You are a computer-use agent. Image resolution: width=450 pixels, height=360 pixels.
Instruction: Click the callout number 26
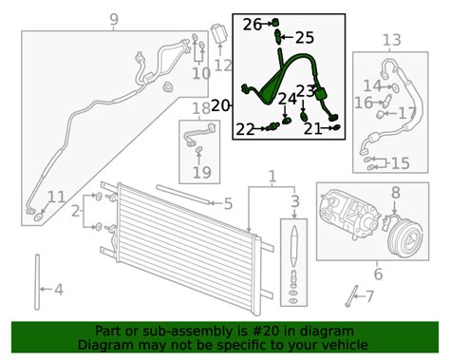coord(253,25)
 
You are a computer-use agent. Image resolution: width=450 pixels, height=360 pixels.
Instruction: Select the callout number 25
coord(305,38)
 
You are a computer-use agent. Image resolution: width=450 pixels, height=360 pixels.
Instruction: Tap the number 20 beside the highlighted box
coord(220,105)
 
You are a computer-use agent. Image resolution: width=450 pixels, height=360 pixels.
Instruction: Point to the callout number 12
coord(223,66)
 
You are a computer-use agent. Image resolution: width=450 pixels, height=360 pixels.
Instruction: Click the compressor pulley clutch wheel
coord(405,238)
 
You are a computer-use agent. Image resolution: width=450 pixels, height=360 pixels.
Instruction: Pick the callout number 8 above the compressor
coord(396,193)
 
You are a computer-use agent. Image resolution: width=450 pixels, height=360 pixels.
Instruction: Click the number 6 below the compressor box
coord(378,275)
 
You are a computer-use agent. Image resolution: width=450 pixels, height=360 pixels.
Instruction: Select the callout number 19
coord(202,173)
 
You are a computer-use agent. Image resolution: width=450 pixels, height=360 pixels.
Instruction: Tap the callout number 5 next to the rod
coord(228,203)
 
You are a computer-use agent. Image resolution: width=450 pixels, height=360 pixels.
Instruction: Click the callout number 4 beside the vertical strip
coord(59,290)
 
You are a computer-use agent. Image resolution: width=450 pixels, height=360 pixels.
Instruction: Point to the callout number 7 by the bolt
coord(369,296)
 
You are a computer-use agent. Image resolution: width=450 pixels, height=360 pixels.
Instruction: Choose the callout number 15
coord(401,163)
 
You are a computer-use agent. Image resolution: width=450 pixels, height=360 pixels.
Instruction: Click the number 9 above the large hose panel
coord(114,20)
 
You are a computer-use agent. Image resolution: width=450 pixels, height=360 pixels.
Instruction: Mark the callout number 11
coord(56,198)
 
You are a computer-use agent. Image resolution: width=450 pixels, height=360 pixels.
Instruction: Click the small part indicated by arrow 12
coord(219,33)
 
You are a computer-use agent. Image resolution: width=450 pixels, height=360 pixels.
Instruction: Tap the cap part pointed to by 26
coord(275,23)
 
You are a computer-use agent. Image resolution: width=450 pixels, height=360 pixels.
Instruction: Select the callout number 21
coord(313,129)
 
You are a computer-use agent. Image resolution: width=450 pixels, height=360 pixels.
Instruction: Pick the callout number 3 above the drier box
coord(295,201)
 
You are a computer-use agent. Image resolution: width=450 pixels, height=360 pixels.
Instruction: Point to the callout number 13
coord(392,40)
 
